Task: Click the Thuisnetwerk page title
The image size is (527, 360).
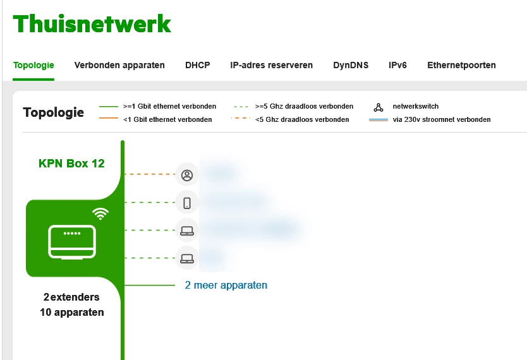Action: click(92, 25)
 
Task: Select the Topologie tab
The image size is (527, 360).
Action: click(33, 65)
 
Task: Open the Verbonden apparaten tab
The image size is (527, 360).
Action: click(119, 65)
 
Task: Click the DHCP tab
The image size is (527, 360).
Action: click(197, 65)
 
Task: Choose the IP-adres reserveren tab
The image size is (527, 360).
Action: click(271, 65)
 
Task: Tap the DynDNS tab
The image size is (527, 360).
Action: click(351, 65)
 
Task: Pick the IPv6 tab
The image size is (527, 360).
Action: click(397, 65)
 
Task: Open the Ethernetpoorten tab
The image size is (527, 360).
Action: click(461, 65)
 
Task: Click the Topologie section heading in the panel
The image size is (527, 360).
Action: click(53, 113)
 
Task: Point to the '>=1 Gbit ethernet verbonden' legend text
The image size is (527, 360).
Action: click(169, 107)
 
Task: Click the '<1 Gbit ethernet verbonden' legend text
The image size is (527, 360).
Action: click(167, 119)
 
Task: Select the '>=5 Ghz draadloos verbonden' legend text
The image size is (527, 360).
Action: click(304, 107)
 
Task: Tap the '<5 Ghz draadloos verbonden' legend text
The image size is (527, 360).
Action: click(301, 119)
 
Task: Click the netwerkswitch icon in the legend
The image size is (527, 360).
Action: click(379, 107)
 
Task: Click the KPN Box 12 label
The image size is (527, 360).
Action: click(71, 164)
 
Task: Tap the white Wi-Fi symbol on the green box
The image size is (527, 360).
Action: click(100, 213)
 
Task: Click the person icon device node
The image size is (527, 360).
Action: click(186, 175)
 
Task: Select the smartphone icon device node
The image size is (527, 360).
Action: click(186, 203)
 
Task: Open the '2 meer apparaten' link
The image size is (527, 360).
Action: click(226, 285)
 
